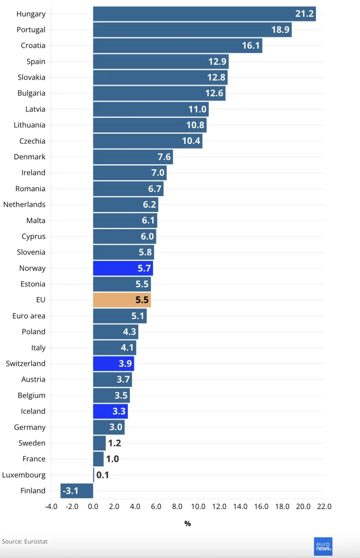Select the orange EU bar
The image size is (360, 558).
121,300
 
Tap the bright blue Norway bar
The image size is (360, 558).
123,268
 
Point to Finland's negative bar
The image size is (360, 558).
76,490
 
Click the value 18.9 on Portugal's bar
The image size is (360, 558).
280,30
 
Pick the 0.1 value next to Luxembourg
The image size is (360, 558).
103,475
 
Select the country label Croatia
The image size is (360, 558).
33,45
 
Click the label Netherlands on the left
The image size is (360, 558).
24,204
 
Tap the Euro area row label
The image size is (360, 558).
29,316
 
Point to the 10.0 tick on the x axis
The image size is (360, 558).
198,506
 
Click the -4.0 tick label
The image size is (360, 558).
51,506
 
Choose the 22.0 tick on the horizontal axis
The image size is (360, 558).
324,506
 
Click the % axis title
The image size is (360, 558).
187,523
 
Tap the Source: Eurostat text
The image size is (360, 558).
25,541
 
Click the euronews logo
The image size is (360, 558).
323,546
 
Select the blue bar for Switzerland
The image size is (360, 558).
113,364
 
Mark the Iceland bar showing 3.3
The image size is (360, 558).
110,411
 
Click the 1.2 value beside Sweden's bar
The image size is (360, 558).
114,443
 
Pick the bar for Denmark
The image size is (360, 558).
133,157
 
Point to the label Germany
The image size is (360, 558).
30,427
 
